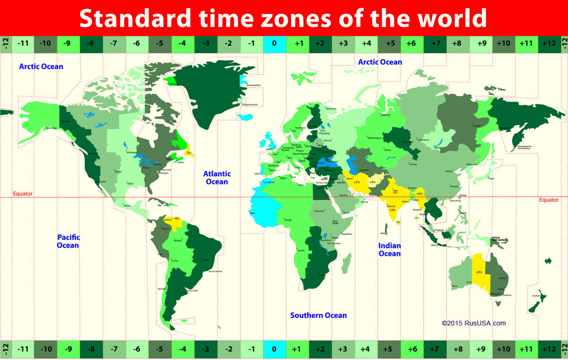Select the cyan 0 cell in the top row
(274, 44)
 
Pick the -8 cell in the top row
(90, 44)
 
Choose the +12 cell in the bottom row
(549, 349)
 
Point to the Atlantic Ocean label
(216, 178)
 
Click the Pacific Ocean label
(68, 241)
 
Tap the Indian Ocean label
(390, 250)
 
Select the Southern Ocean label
(318, 316)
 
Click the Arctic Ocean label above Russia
(380, 62)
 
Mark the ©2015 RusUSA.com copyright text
(473, 324)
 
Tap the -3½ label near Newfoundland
(188, 153)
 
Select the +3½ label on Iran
(356, 182)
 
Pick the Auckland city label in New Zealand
(537, 296)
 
